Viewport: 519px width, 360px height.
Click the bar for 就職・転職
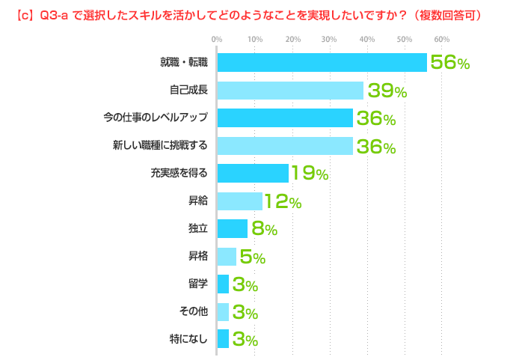click(x=322, y=63)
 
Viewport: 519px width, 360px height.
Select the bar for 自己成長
click(x=290, y=91)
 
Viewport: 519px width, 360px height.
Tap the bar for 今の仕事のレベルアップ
click(x=285, y=118)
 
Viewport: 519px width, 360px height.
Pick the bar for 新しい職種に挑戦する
click(x=285, y=146)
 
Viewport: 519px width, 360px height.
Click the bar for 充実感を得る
click(x=253, y=174)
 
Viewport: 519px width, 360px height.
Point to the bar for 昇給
click(x=240, y=201)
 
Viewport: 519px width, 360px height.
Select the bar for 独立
click(x=233, y=228)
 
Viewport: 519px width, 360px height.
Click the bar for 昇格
click(x=227, y=257)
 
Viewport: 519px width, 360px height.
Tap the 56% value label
click(x=449, y=64)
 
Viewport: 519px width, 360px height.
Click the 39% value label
click(x=386, y=91)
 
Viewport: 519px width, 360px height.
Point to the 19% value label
click(x=310, y=174)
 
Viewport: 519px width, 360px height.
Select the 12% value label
click(x=283, y=201)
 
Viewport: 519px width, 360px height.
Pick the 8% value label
click(x=264, y=229)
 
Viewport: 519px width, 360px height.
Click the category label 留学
click(x=198, y=284)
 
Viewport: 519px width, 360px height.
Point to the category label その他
click(x=194, y=311)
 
